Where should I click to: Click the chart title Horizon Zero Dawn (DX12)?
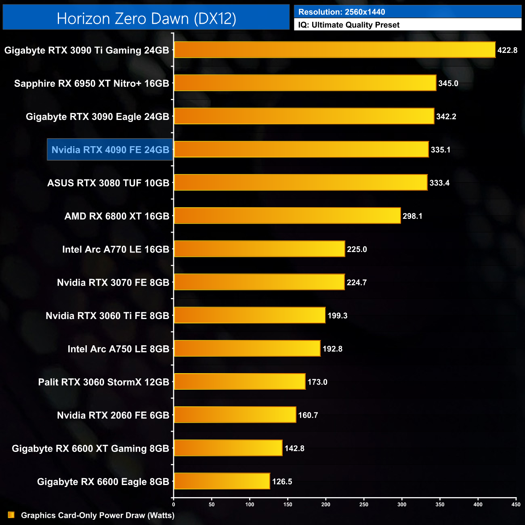coord(146,19)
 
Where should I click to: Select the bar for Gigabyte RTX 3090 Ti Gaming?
coord(334,50)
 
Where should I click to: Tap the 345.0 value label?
coord(448,84)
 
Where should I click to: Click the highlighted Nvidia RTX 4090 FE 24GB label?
coord(110,150)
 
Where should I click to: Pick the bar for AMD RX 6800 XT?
coord(287,216)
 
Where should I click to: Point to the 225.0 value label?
coord(357,249)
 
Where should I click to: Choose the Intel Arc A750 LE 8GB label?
coord(118,349)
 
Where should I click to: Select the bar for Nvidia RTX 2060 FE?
coord(235,415)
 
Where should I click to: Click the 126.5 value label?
coord(282,481)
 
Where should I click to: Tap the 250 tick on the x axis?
coord(364,504)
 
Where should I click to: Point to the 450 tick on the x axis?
coord(516,504)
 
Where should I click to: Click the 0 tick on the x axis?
coord(174,504)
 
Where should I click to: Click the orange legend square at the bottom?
coord(11,515)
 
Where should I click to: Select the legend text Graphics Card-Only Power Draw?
coord(98,515)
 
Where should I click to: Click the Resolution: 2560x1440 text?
coord(342,12)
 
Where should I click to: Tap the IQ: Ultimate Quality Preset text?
coord(349,25)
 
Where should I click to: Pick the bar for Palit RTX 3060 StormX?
coord(239,382)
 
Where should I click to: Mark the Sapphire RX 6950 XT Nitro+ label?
coord(92,84)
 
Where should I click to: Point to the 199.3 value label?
coord(338,315)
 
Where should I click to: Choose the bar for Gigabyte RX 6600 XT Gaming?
coord(228,448)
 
